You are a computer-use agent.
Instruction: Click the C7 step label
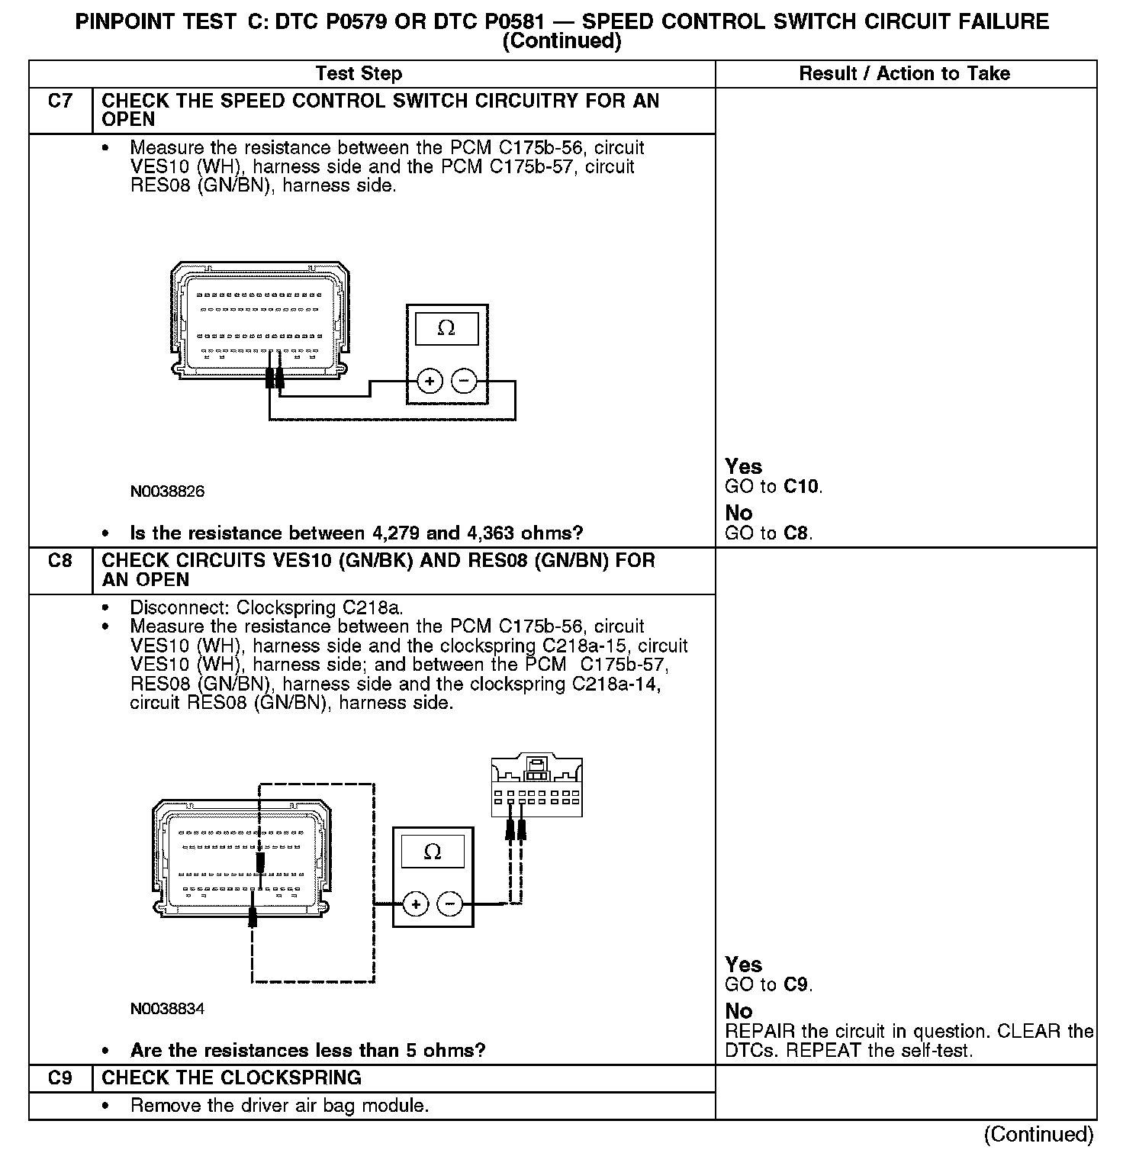click(60, 101)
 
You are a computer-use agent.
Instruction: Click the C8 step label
click(60, 561)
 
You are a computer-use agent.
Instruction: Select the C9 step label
click(60, 1078)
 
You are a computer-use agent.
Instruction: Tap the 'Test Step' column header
click(359, 74)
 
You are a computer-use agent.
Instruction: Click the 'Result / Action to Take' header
click(904, 74)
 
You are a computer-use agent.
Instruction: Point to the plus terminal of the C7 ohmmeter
click(430, 380)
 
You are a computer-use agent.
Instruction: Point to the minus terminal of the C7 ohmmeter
click(464, 380)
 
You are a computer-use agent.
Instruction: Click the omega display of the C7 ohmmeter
click(446, 329)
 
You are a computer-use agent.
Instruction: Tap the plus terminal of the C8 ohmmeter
click(416, 904)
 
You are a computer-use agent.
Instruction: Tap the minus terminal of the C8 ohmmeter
click(450, 904)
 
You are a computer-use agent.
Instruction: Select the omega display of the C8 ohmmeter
click(433, 852)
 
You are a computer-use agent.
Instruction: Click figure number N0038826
click(167, 492)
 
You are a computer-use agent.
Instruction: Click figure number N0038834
click(167, 1009)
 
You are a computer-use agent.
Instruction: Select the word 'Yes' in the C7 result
click(743, 466)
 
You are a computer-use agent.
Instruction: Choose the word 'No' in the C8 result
click(738, 1011)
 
